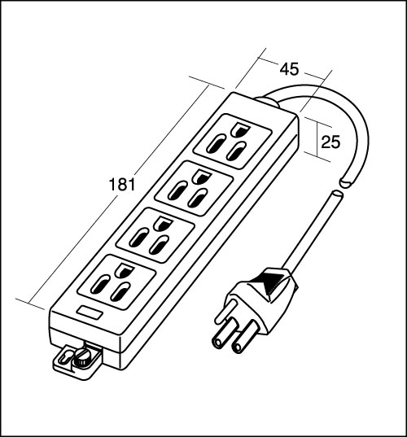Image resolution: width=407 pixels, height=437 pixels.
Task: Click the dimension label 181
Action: [x=122, y=185]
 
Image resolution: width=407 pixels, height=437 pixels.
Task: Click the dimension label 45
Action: [x=289, y=69]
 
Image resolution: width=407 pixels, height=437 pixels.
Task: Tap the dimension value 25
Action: [x=331, y=142]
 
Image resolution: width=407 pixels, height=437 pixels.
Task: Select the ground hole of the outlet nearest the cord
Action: [x=240, y=130]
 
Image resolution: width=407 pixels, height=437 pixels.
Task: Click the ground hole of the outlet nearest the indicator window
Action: [x=123, y=271]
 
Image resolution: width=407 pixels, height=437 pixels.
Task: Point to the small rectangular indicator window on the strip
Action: [x=90, y=312]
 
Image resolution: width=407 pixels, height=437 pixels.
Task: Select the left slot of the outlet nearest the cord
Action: [x=216, y=144]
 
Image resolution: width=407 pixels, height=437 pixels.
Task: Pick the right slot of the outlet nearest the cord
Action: [x=236, y=151]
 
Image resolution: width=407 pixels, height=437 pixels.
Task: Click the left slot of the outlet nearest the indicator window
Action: [x=99, y=284]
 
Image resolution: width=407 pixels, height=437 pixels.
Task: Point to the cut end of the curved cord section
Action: [x=346, y=183]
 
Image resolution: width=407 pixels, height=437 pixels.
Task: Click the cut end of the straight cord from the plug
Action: [x=337, y=194]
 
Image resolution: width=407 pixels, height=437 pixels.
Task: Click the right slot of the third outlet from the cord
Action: [x=159, y=245]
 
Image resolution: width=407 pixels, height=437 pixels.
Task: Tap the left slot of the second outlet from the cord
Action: [x=177, y=190]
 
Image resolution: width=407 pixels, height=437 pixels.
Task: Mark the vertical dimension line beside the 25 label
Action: [x=317, y=139]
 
